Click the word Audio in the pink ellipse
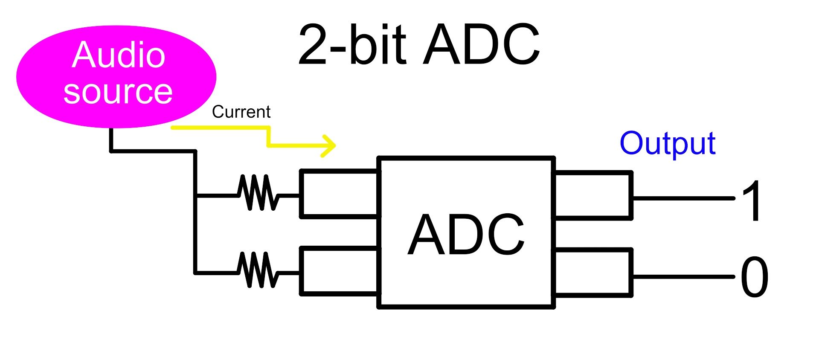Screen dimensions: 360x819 pos(119,55)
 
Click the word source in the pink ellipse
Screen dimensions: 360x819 pos(118,92)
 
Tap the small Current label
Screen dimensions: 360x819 pos(241,112)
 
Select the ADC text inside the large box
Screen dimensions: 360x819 pos(466,235)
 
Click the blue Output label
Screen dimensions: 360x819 pos(668,143)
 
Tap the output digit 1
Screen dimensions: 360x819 pos(752,200)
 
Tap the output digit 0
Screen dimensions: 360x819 pos(754,277)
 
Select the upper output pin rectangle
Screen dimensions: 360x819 pos(593,195)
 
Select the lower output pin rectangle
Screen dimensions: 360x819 pos(593,272)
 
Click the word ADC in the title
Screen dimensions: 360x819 pos(482,45)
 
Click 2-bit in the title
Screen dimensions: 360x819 pos(352,45)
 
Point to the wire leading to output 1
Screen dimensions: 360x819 pos(682,198)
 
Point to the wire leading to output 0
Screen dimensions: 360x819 pos(682,277)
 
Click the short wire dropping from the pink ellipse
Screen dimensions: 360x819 pos(111,139)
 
